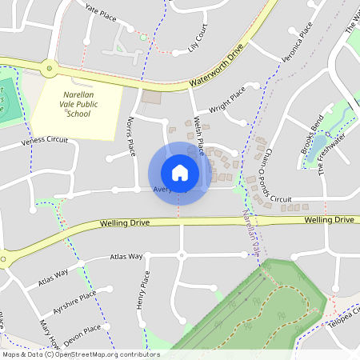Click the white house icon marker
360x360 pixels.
pos(179,173)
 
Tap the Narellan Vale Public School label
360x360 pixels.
pos(78,104)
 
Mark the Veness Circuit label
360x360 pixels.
pos(45,142)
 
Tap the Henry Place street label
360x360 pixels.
pos(142,290)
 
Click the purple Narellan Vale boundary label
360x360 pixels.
pos(252,232)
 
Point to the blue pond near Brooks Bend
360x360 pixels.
pos(320,145)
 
